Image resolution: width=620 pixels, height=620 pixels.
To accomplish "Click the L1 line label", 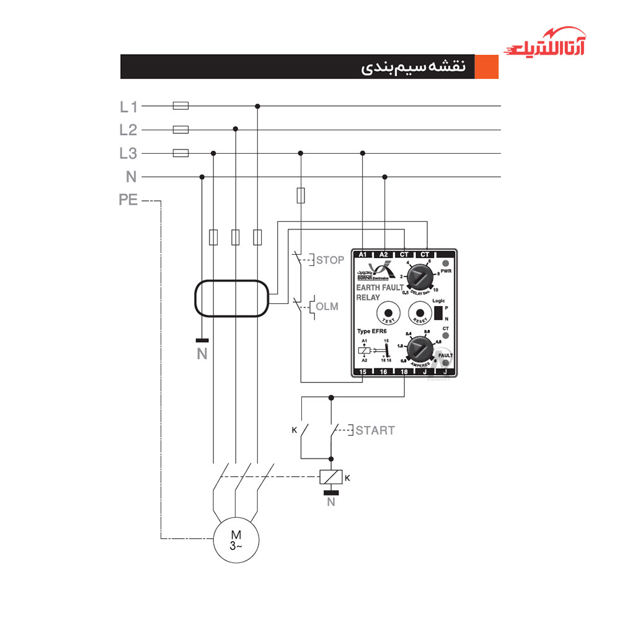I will [x=128, y=107].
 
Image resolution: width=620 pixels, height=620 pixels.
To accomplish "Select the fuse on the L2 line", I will [x=180, y=130].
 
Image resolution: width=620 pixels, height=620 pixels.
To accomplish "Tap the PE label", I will [x=128, y=201].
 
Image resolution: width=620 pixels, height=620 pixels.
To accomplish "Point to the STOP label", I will [x=330, y=260].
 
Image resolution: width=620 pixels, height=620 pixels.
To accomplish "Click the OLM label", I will [x=327, y=306].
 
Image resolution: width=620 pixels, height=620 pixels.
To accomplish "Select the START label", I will [x=375, y=430].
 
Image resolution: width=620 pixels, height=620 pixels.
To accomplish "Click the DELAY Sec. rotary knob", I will [x=421, y=276].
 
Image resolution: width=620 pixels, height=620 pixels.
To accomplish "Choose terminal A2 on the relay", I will [x=384, y=254].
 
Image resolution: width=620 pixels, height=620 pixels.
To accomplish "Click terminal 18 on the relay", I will [x=404, y=371].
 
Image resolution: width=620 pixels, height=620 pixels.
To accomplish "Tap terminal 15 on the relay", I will [x=363, y=371].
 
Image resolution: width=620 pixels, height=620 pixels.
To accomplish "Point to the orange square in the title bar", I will [x=486, y=67].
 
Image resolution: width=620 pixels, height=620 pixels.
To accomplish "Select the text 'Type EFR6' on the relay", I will [x=372, y=332].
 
